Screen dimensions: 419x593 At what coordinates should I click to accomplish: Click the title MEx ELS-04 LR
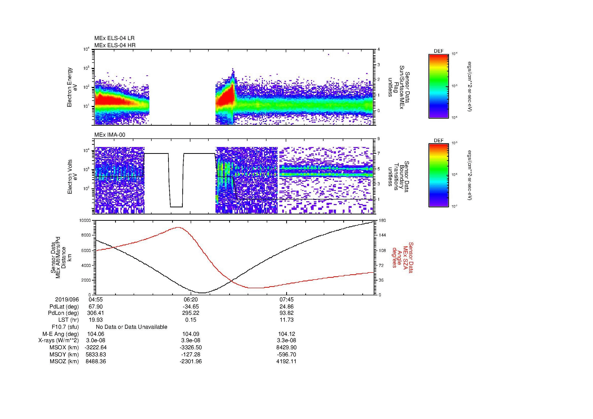[x=114, y=38]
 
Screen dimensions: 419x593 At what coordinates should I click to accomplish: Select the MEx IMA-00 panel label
[x=110, y=135]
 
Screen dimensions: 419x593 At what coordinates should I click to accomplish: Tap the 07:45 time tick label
[x=286, y=300]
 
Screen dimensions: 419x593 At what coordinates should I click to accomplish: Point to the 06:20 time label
[x=191, y=300]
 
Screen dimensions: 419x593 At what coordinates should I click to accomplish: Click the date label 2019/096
[x=67, y=300]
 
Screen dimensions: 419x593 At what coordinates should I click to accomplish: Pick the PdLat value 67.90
[x=96, y=307]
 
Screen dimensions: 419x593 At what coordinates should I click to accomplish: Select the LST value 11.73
[x=286, y=320]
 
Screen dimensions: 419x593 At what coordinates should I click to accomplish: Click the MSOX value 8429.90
[x=286, y=348]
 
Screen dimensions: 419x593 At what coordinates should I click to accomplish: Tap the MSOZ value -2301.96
[x=191, y=361]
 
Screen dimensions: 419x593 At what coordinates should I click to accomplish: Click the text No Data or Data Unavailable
[x=132, y=327]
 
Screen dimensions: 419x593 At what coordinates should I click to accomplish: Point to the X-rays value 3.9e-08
[x=191, y=340]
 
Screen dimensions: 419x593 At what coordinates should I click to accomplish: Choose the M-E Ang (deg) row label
[x=60, y=334]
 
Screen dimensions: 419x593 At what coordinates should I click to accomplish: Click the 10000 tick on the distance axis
[x=85, y=221]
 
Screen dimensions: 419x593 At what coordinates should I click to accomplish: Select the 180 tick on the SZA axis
[x=383, y=221]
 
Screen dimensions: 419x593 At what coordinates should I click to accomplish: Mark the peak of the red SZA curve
[x=178, y=227]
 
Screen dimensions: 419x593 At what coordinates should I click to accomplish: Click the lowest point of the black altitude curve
[x=202, y=293]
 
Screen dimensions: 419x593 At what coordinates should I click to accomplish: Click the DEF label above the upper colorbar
[x=439, y=51]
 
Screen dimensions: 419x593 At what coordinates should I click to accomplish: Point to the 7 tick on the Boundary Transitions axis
[x=379, y=154]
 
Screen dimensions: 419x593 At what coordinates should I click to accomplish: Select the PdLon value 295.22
[x=191, y=313]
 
